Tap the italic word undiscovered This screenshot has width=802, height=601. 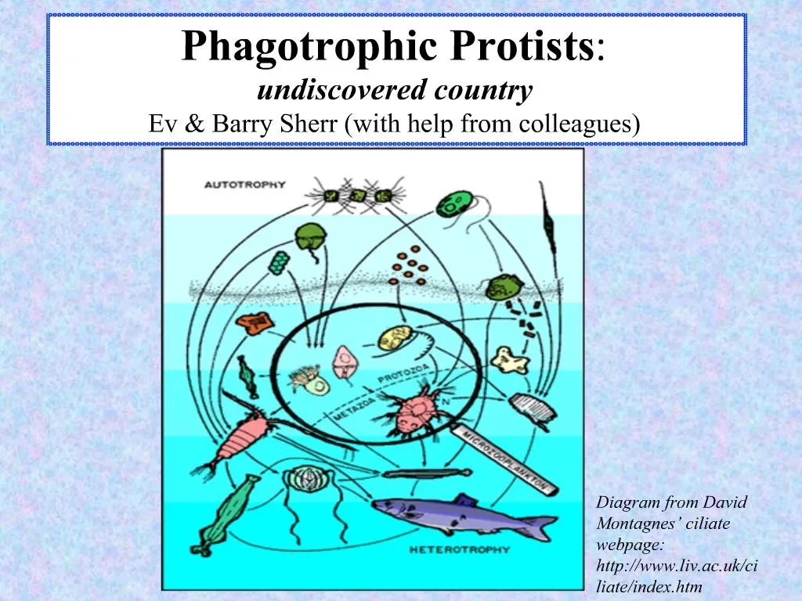click(x=327, y=91)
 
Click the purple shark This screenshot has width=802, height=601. click(x=462, y=514)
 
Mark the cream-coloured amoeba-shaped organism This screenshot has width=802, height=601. click(x=505, y=359)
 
